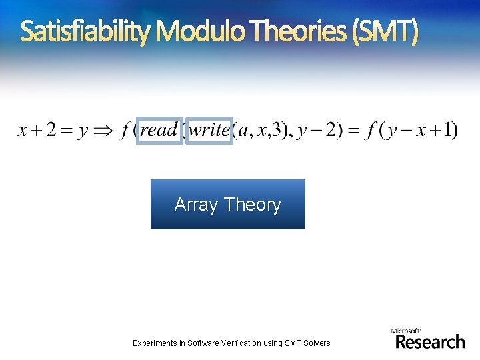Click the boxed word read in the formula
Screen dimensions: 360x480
pos(159,129)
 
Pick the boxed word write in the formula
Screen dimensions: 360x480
pos(209,129)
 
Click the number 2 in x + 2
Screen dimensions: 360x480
pos(51,130)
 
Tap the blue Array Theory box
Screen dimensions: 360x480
pos(227,204)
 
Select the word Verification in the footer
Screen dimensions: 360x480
pos(245,343)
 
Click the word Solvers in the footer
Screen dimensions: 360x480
pos(316,343)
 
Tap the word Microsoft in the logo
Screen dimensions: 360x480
pos(405,331)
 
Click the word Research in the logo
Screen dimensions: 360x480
pos(430,342)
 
